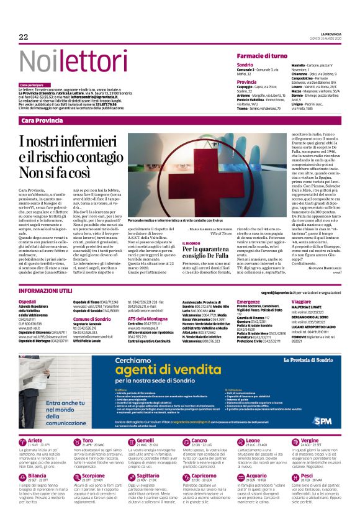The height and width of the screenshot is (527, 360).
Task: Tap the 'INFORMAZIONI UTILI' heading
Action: (47, 291)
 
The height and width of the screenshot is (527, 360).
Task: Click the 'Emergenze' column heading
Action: (248, 300)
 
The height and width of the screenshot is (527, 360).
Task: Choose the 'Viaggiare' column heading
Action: (301, 300)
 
